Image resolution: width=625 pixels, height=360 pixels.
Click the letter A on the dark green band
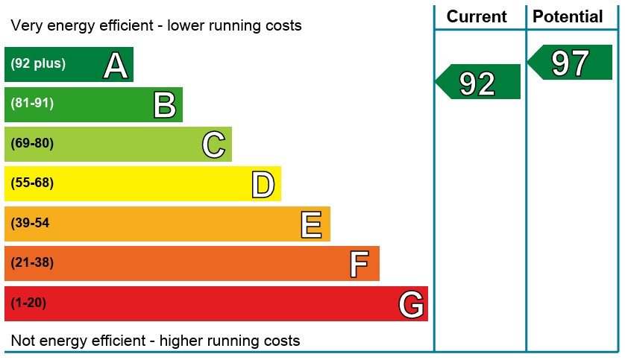116,66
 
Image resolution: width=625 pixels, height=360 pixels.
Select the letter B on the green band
165,105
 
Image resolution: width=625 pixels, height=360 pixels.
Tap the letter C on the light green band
214,145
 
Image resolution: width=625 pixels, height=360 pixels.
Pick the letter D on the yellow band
263,184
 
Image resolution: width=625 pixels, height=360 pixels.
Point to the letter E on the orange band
312,224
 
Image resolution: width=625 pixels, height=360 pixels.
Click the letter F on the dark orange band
359,264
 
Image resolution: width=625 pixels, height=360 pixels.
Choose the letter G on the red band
411,304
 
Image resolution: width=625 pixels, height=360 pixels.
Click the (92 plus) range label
37,64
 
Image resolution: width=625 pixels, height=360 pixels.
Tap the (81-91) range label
32,104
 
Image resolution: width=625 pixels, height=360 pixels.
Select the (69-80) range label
32,143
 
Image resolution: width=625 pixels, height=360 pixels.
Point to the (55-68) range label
32,183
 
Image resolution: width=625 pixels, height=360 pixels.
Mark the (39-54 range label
30,223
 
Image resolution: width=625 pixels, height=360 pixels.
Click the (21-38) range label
32,262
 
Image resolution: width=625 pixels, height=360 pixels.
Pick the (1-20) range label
28,303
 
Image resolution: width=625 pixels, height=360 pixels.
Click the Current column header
477,17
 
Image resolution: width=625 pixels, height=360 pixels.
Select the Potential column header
568,17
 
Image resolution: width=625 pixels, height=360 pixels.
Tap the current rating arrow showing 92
478,82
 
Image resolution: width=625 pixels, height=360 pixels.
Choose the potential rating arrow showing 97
571,63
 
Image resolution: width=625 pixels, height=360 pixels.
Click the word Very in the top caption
26,26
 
